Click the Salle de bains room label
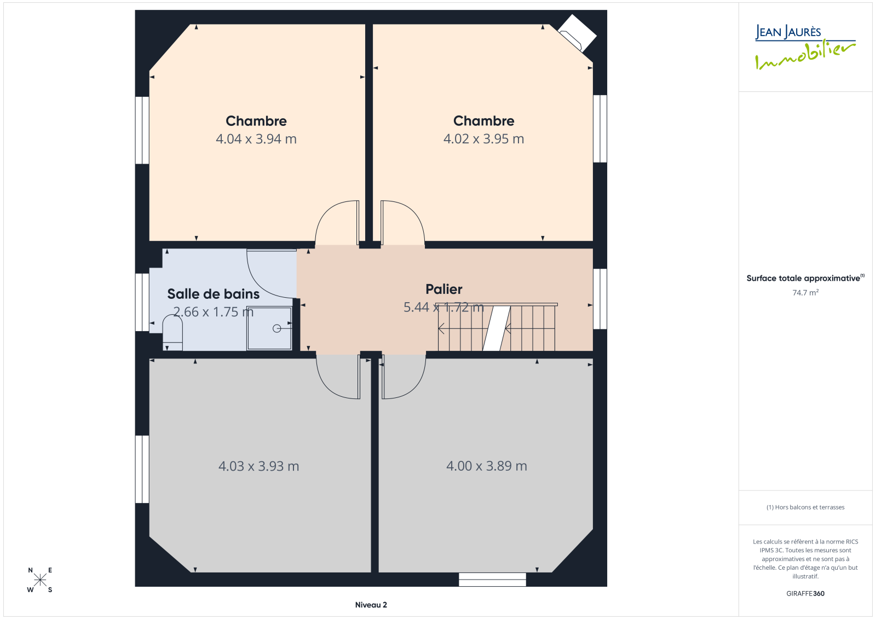[x=213, y=294]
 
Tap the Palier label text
[x=444, y=289]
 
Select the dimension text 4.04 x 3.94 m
[x=256, y=139]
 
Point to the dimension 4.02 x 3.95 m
[x=484, y=139]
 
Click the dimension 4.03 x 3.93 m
[x=258, y=466]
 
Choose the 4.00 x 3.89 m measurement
[x=487, y=466]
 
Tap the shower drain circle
[x=277, y=328]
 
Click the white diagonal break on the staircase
[x=497, y=328]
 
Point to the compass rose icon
[x=40, y=579]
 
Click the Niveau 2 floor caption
[x=371, y=605]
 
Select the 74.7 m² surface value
[x=805, y=292]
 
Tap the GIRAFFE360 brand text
[x=805, y=593]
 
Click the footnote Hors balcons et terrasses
[x=805, y=507]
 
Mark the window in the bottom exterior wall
[x=492, y=580]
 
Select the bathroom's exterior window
[x=142, y=302]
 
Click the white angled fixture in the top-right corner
[x=577, y=33]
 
